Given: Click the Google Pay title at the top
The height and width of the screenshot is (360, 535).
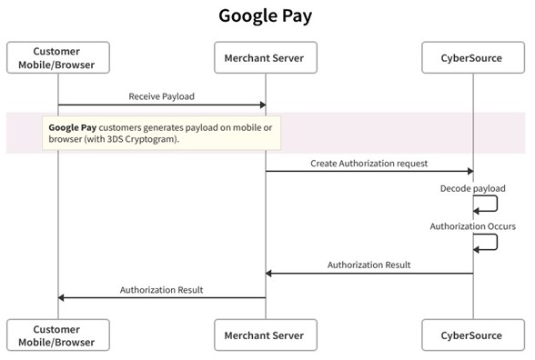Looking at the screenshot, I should [267, 16].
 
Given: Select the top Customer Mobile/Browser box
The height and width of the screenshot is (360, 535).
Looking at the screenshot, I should [57, 58].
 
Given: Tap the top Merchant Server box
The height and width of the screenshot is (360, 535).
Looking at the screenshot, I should [265, 58].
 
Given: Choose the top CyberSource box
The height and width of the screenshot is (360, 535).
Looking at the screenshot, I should [473, 58].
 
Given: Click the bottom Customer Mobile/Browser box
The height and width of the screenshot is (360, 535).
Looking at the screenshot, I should [57, 335].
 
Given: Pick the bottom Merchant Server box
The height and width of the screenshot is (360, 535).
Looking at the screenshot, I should [265, 335].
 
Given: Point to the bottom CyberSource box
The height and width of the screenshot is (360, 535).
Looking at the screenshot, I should [473, 335].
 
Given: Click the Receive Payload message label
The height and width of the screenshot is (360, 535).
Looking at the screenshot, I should [161, 95].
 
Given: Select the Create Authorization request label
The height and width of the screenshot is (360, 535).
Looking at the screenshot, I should [368, 163].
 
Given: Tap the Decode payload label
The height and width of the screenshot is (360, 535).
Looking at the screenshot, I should [472, 188].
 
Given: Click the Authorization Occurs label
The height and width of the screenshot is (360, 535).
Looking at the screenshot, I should [472, 225].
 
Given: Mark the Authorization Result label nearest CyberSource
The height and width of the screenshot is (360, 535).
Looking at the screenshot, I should [368, 265].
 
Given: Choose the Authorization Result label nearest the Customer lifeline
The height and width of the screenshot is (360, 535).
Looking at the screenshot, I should [161, 290].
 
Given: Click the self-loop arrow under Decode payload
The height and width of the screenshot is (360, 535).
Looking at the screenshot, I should [488, 205].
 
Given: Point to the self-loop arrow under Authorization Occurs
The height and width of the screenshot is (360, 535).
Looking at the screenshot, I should [488, 242].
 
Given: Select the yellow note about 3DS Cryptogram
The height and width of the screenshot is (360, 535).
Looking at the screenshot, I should [162, 134].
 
